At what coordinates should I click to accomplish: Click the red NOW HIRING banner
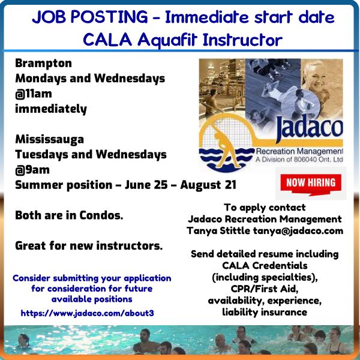(x=311, y=184)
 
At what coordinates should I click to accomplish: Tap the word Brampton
(x=43, y=64)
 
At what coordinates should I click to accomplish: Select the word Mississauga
(x=49, y=140)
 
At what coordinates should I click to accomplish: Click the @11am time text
(x=34, y=94)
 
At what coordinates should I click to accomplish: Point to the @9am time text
(x=32, y=170)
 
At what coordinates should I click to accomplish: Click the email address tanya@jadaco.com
(x=298, y=231)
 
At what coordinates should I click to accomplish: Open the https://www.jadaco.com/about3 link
(x=87, y=313)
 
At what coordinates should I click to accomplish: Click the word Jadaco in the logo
(x=310, y=127)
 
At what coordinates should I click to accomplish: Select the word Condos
(x=101, y=215)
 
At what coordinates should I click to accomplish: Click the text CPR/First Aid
(x=265, y=289)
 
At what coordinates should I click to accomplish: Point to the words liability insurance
(x=265, y=312)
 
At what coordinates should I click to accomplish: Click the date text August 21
(x=208, y=185)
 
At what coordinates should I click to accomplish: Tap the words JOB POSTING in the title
(x=90, y=17)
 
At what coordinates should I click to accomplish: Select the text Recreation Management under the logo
(x=299, y=151)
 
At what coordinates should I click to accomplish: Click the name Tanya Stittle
(x=218, y=231)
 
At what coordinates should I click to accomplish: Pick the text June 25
(x=146, y=185)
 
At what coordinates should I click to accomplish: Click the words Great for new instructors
(x=89, y=246)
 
